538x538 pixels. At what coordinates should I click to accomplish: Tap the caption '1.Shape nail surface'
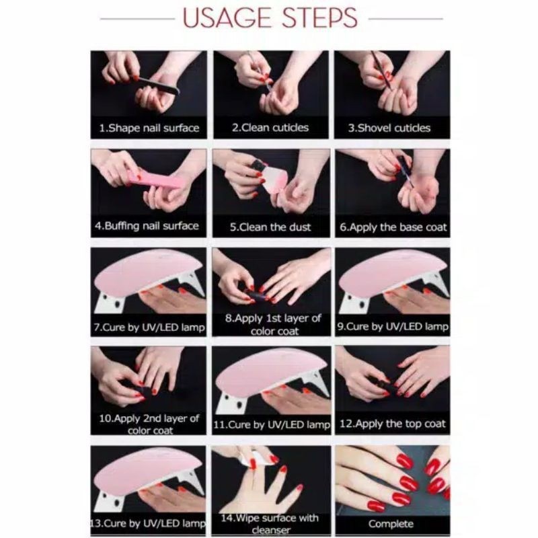point(149,128)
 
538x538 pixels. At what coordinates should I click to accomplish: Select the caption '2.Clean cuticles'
point(270,128)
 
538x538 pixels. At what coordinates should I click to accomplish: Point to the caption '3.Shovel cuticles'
point(389,128)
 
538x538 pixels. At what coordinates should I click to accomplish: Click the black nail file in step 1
point(159,85)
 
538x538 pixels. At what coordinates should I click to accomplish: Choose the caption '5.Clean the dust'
point(270,227)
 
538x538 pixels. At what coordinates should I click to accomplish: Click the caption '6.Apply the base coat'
point(393,227)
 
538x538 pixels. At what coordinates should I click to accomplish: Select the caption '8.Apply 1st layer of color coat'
point(273,325)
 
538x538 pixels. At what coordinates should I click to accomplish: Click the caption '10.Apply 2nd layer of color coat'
point(149,424)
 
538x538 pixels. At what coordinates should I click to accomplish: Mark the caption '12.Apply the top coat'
point(393,424)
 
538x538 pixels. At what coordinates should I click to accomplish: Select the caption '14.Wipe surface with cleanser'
point(270,524)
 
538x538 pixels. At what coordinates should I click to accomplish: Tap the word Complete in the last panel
point(391,524)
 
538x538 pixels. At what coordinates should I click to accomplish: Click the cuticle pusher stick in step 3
point(382,70)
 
